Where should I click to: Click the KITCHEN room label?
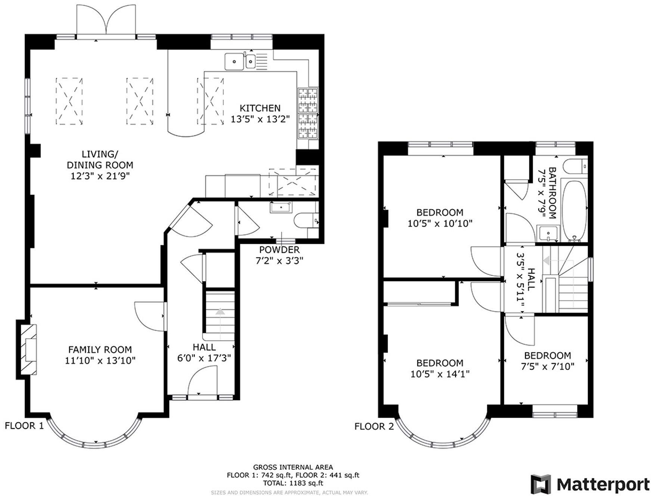tap(260, 108)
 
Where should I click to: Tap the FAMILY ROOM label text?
tap(100, 350)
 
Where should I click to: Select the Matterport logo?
tap(590, 484)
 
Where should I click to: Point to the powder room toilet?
tap(305, 220)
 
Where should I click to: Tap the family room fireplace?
tap(29, 350)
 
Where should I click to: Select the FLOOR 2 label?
tap(374, 426)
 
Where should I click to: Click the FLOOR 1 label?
tap(24, 425)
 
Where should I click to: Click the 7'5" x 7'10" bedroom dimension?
tap(547, 366)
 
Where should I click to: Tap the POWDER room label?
tap(279, 249)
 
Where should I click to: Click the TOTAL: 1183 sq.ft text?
tap(293, 483)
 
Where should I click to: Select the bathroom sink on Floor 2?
tap(548, 233)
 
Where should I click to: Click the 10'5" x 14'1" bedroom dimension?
tap(440, 374)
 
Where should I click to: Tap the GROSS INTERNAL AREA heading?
tap(293, 467)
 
